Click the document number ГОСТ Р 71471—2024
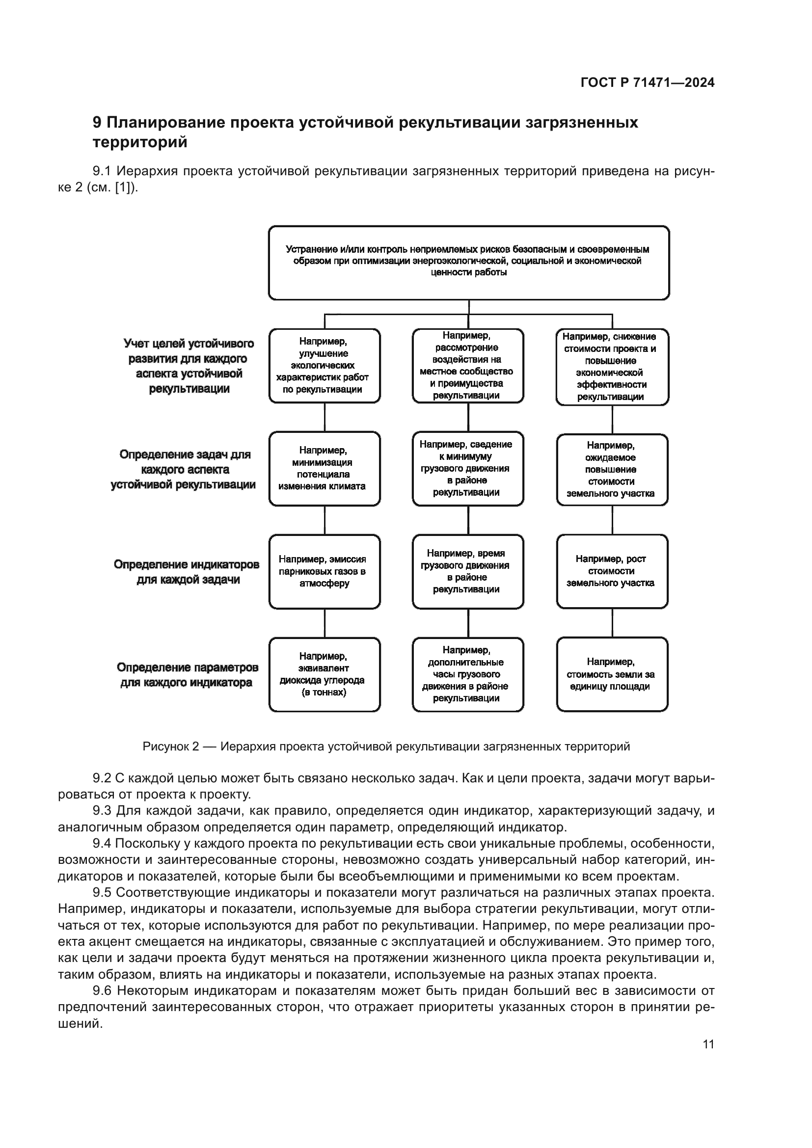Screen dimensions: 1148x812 647,82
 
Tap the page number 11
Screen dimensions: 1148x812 708,1044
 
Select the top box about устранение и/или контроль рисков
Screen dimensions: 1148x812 468,263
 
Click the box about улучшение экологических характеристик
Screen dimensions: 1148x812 324,366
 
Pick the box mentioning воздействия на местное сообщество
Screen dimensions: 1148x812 467,366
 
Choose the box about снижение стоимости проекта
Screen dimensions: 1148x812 612,367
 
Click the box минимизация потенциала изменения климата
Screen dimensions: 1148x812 324,469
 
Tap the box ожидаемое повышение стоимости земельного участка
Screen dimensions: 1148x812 612,470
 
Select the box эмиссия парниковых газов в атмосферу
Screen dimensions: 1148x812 324,571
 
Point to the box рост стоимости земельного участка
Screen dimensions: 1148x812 612,571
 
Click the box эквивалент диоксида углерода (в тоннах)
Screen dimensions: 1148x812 324,674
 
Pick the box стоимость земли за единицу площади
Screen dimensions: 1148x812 612,674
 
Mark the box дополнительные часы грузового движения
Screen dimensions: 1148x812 467,674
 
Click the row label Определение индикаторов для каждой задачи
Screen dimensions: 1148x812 187,572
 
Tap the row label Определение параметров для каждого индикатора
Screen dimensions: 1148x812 187,675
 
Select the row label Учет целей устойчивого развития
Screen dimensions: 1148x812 189,366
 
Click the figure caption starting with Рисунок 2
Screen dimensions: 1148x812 386,747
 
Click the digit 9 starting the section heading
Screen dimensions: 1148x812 97,123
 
